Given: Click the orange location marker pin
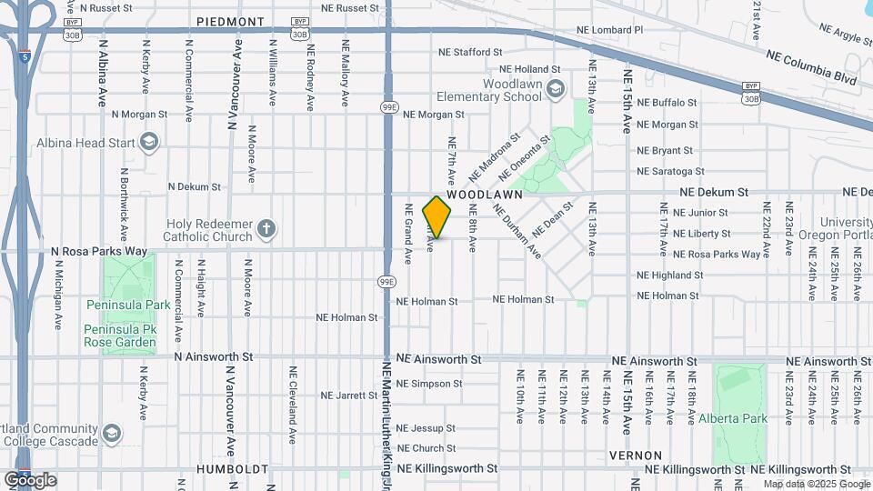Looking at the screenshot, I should click(437, 217).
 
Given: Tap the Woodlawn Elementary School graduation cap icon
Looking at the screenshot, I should click(556, 88).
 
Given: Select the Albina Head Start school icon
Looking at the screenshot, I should click(149, 142).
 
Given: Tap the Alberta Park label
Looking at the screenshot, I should click(733, 419).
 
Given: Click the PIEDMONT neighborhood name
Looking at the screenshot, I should click(231, 21).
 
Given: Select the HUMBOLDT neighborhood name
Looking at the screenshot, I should click(233, 469).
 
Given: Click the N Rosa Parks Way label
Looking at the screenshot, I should click(98, 251).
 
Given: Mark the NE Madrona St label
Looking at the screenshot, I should click(494, 156).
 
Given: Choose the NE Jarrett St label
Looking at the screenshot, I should click(348, 396).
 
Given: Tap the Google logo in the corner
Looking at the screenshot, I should click(30, 480).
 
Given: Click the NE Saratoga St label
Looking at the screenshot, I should click(670, 171).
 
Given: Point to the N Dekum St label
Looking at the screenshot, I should click(196, 186).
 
